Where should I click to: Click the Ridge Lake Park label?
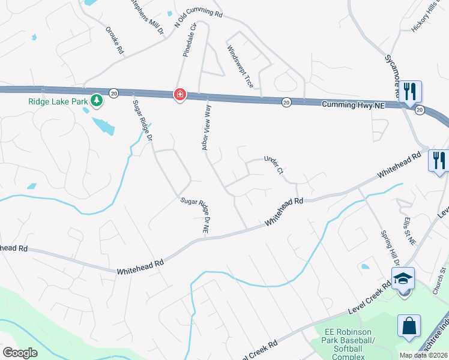point(58,101)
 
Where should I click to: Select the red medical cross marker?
point(179,95)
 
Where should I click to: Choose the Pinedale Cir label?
point(190,41)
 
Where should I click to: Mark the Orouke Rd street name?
point(114,41)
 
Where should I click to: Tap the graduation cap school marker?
point(403,278)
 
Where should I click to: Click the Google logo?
point(20,353)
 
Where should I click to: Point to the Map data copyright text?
point(424,355)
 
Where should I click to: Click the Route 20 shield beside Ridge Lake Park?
point(113,92)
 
